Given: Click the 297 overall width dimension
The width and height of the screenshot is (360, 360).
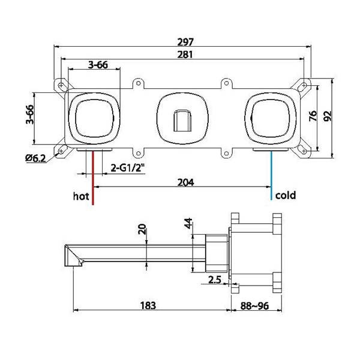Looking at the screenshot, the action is (x=185, y=42).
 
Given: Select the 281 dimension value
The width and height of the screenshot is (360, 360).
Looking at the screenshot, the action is (x=185, y=55).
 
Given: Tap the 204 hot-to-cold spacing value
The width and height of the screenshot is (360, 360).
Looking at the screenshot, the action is (x=186, y=182).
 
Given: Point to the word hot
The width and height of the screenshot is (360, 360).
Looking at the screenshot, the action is (x=81, y=196).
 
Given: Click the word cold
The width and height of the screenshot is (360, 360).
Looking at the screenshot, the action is (x=286, y=196).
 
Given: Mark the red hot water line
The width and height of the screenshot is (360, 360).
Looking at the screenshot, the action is (x=93, y=177).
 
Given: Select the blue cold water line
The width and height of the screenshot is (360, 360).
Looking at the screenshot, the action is (x=271, y=175).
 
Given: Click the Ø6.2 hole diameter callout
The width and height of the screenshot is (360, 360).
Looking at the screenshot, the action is (x=35, y=158).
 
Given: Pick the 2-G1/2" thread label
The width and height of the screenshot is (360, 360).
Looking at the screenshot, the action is (x=128, y=168).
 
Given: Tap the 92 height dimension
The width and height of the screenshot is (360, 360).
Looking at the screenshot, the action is (x=328, y=116).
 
